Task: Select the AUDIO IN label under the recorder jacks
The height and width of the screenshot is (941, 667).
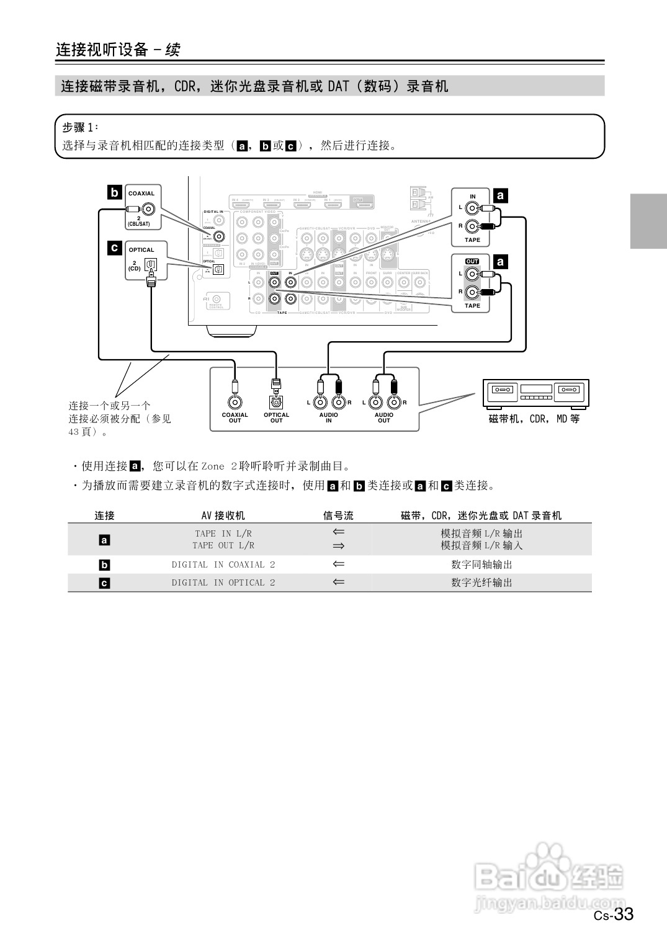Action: (328, 417)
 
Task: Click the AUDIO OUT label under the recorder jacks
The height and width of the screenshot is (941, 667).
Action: (384, 417)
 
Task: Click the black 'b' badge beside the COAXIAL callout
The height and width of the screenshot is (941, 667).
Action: (114, 192)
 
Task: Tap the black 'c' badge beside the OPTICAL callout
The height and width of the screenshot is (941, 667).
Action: (114, 248)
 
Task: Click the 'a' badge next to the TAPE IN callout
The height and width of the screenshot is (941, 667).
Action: (500, 196)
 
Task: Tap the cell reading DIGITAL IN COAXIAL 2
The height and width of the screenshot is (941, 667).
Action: (223, 564)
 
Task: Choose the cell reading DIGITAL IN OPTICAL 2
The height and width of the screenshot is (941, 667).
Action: (223, 582)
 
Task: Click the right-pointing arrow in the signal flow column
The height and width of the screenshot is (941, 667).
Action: (338, 546)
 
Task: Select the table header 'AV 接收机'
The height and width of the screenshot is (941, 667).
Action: (223, 515)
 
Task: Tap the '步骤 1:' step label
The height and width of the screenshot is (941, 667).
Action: (80, 127)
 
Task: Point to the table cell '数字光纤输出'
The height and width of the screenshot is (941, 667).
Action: (481, 582)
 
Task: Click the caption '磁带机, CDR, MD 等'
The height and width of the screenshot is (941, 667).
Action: (534, 419)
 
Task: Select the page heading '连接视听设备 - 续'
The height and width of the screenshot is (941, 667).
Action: (118, 50)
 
